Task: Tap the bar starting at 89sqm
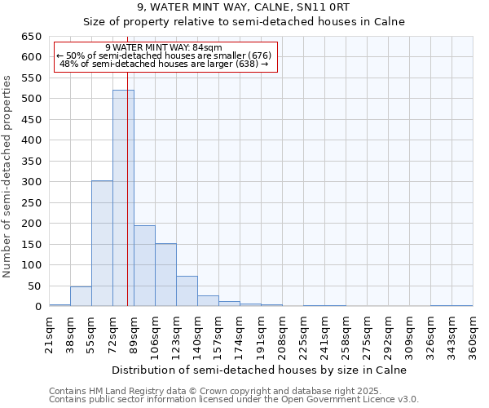144,266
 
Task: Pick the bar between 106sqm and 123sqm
165,275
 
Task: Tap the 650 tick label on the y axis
31,37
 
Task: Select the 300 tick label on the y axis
31,182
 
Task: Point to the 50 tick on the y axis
34,286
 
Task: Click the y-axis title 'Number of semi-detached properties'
8,175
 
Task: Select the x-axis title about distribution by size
258,370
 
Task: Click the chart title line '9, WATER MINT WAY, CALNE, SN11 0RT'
244,7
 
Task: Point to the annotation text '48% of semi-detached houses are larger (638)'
164,64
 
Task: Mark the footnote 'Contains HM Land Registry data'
192,391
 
